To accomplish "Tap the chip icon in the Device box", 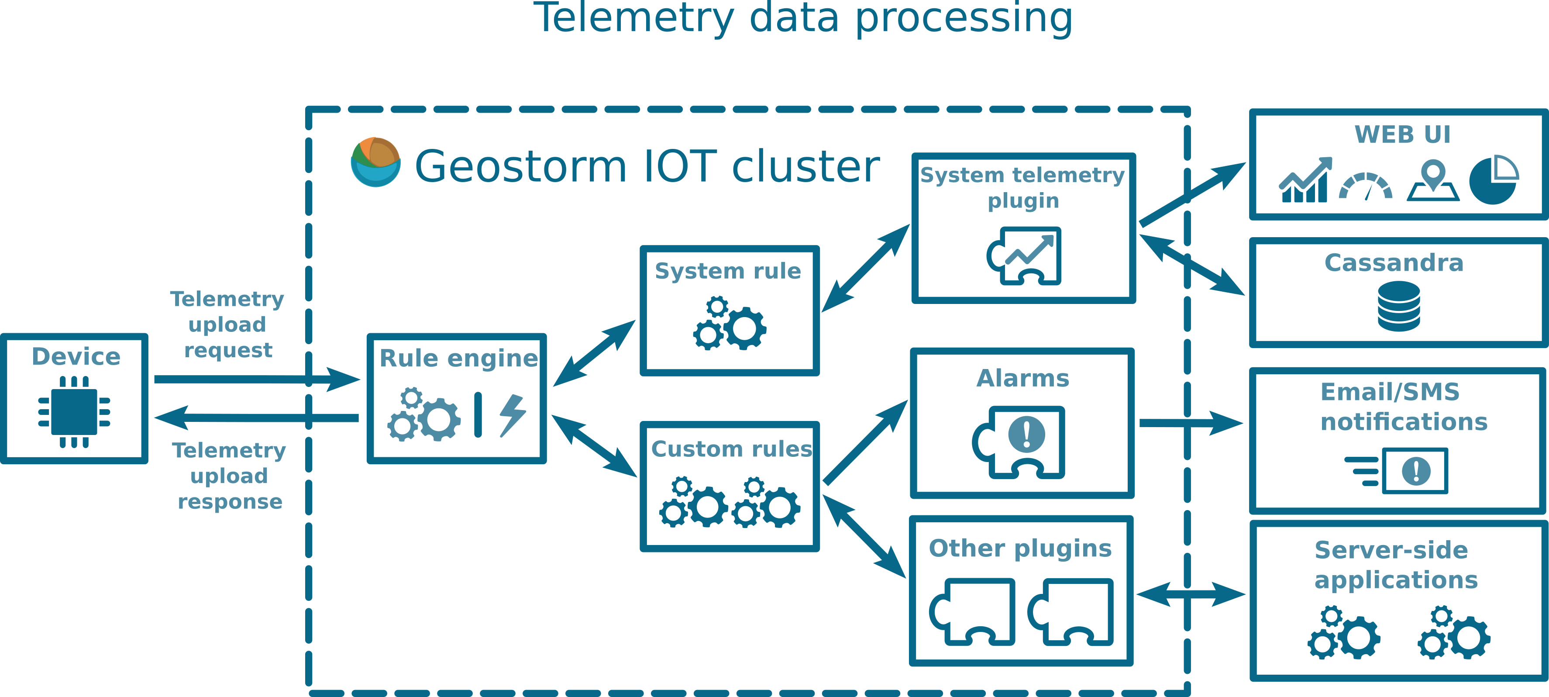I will tap(74, 412).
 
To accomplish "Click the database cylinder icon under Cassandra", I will tap(1399, 307).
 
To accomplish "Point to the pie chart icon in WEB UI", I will tap(1494, 180).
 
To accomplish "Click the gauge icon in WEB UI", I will tap(1366, 186).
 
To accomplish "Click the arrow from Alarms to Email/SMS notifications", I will tap(1191, 423).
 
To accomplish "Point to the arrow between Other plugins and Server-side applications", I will tap(1191, 595).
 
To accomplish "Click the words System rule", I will tap(728, 271).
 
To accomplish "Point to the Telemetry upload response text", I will tap(229, 476).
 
